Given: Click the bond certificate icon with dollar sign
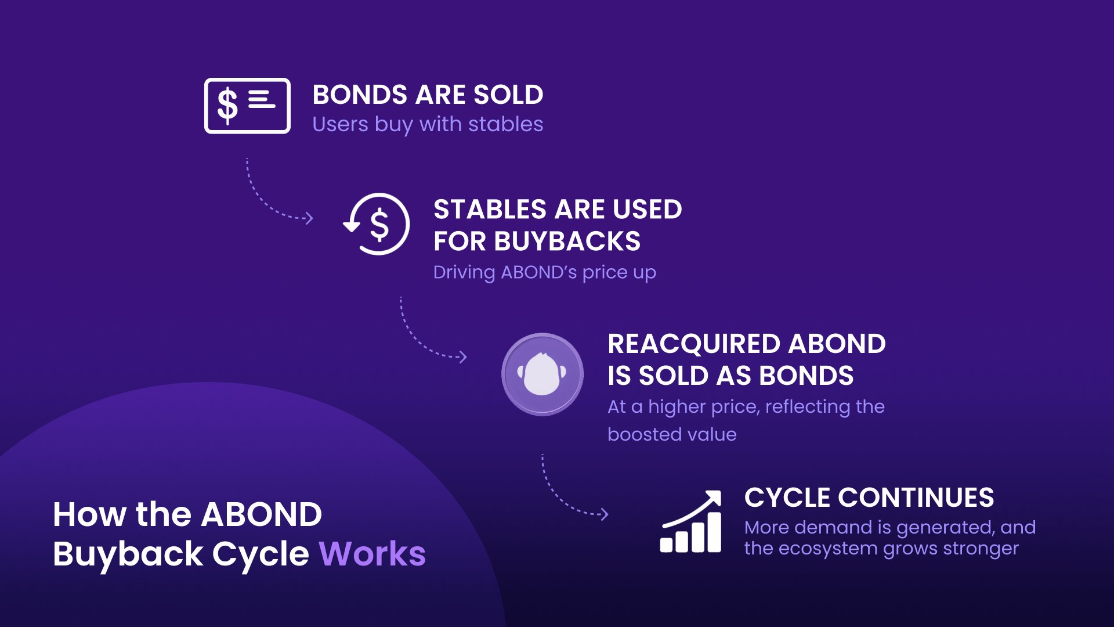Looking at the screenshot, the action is tap(247, 106).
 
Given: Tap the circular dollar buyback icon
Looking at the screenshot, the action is tap(377, 224).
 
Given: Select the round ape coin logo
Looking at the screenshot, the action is tap(542, 374).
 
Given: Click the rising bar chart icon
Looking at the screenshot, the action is tap(691, 521).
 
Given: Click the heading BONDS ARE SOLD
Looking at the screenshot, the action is tap(428, 95).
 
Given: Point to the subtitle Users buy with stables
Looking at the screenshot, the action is tap(428, 124).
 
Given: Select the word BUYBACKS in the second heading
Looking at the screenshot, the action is tap(567, 241).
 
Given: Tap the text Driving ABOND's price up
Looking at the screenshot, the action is tap(544, 272).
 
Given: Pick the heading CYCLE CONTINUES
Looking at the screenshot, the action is tap(869, 498).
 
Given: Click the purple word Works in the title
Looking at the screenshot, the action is tap(372, 553).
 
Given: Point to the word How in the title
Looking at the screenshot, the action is tap(89, 514).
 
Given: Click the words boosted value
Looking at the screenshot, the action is tap(672, 434).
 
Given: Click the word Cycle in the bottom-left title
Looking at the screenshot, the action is tap(261, 554).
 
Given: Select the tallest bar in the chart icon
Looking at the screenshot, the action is tap(715, 532).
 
